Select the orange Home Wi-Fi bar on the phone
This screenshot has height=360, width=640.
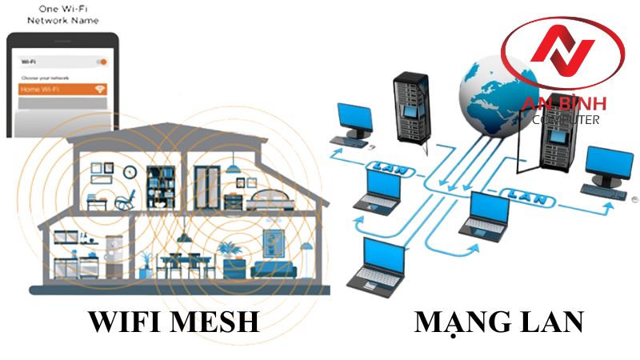(x=62, y=90)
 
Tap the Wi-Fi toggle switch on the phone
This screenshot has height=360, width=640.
(x=100, y=61)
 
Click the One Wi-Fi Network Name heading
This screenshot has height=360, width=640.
(x=58, y=15)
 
